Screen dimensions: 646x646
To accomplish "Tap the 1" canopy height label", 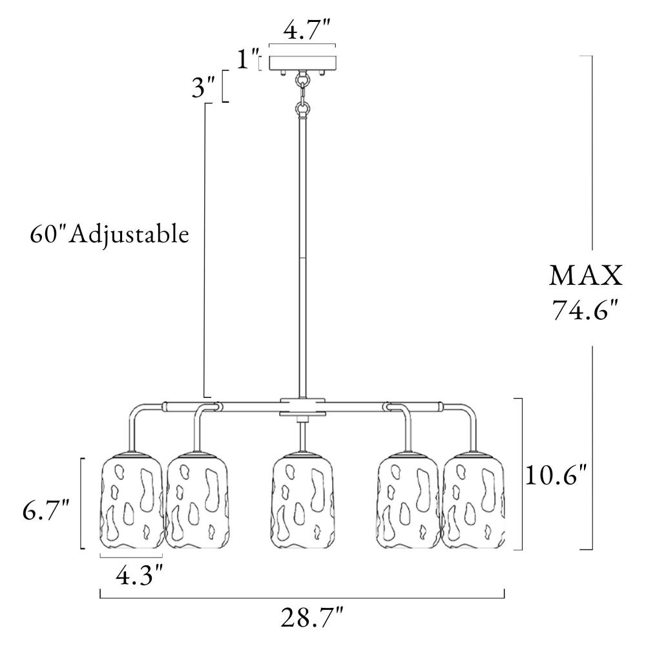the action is coord(248,59).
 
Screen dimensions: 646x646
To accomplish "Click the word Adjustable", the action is coord(129,236).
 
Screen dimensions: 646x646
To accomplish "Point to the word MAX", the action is coord(585,276).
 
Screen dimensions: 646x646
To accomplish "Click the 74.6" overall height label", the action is coord(585,309).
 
